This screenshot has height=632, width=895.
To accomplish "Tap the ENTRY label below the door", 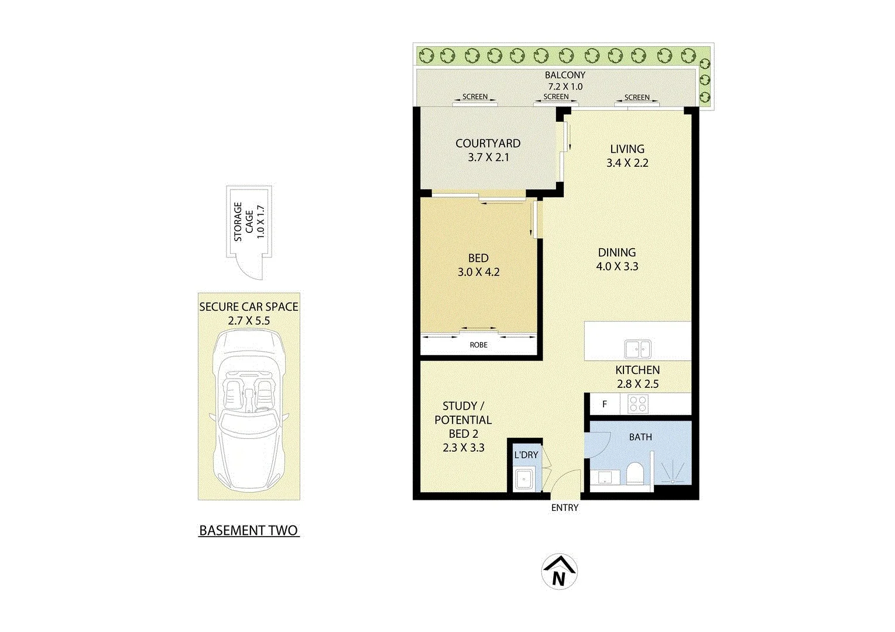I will click(x=564, y=508).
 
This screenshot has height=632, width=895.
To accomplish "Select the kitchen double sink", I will click(x=637, y=349).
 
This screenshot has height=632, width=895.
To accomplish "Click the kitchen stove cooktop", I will click(x=637, y=404).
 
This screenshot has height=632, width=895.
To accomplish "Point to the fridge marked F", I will click(x=604, y=404).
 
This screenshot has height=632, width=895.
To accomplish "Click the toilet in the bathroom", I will click(x=635, y=474).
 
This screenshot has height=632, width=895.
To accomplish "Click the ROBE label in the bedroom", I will click(x=478, y=345).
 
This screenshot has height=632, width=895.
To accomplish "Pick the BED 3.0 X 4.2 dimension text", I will click(x=478, y=272).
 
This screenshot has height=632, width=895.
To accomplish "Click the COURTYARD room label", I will click(x=488, y=143).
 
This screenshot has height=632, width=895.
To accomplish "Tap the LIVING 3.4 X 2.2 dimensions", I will click(x=627, y=163).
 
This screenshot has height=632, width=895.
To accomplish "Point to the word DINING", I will click(x=616, y=253).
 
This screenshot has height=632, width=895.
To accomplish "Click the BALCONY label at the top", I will click(x=564, y=75).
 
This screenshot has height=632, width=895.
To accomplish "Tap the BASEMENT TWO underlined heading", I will click(x=249, y=531).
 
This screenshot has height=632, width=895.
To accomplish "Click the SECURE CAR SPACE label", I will click(x=249, y=307).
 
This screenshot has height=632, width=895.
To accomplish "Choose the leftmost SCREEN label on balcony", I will click(x=475, y=97).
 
